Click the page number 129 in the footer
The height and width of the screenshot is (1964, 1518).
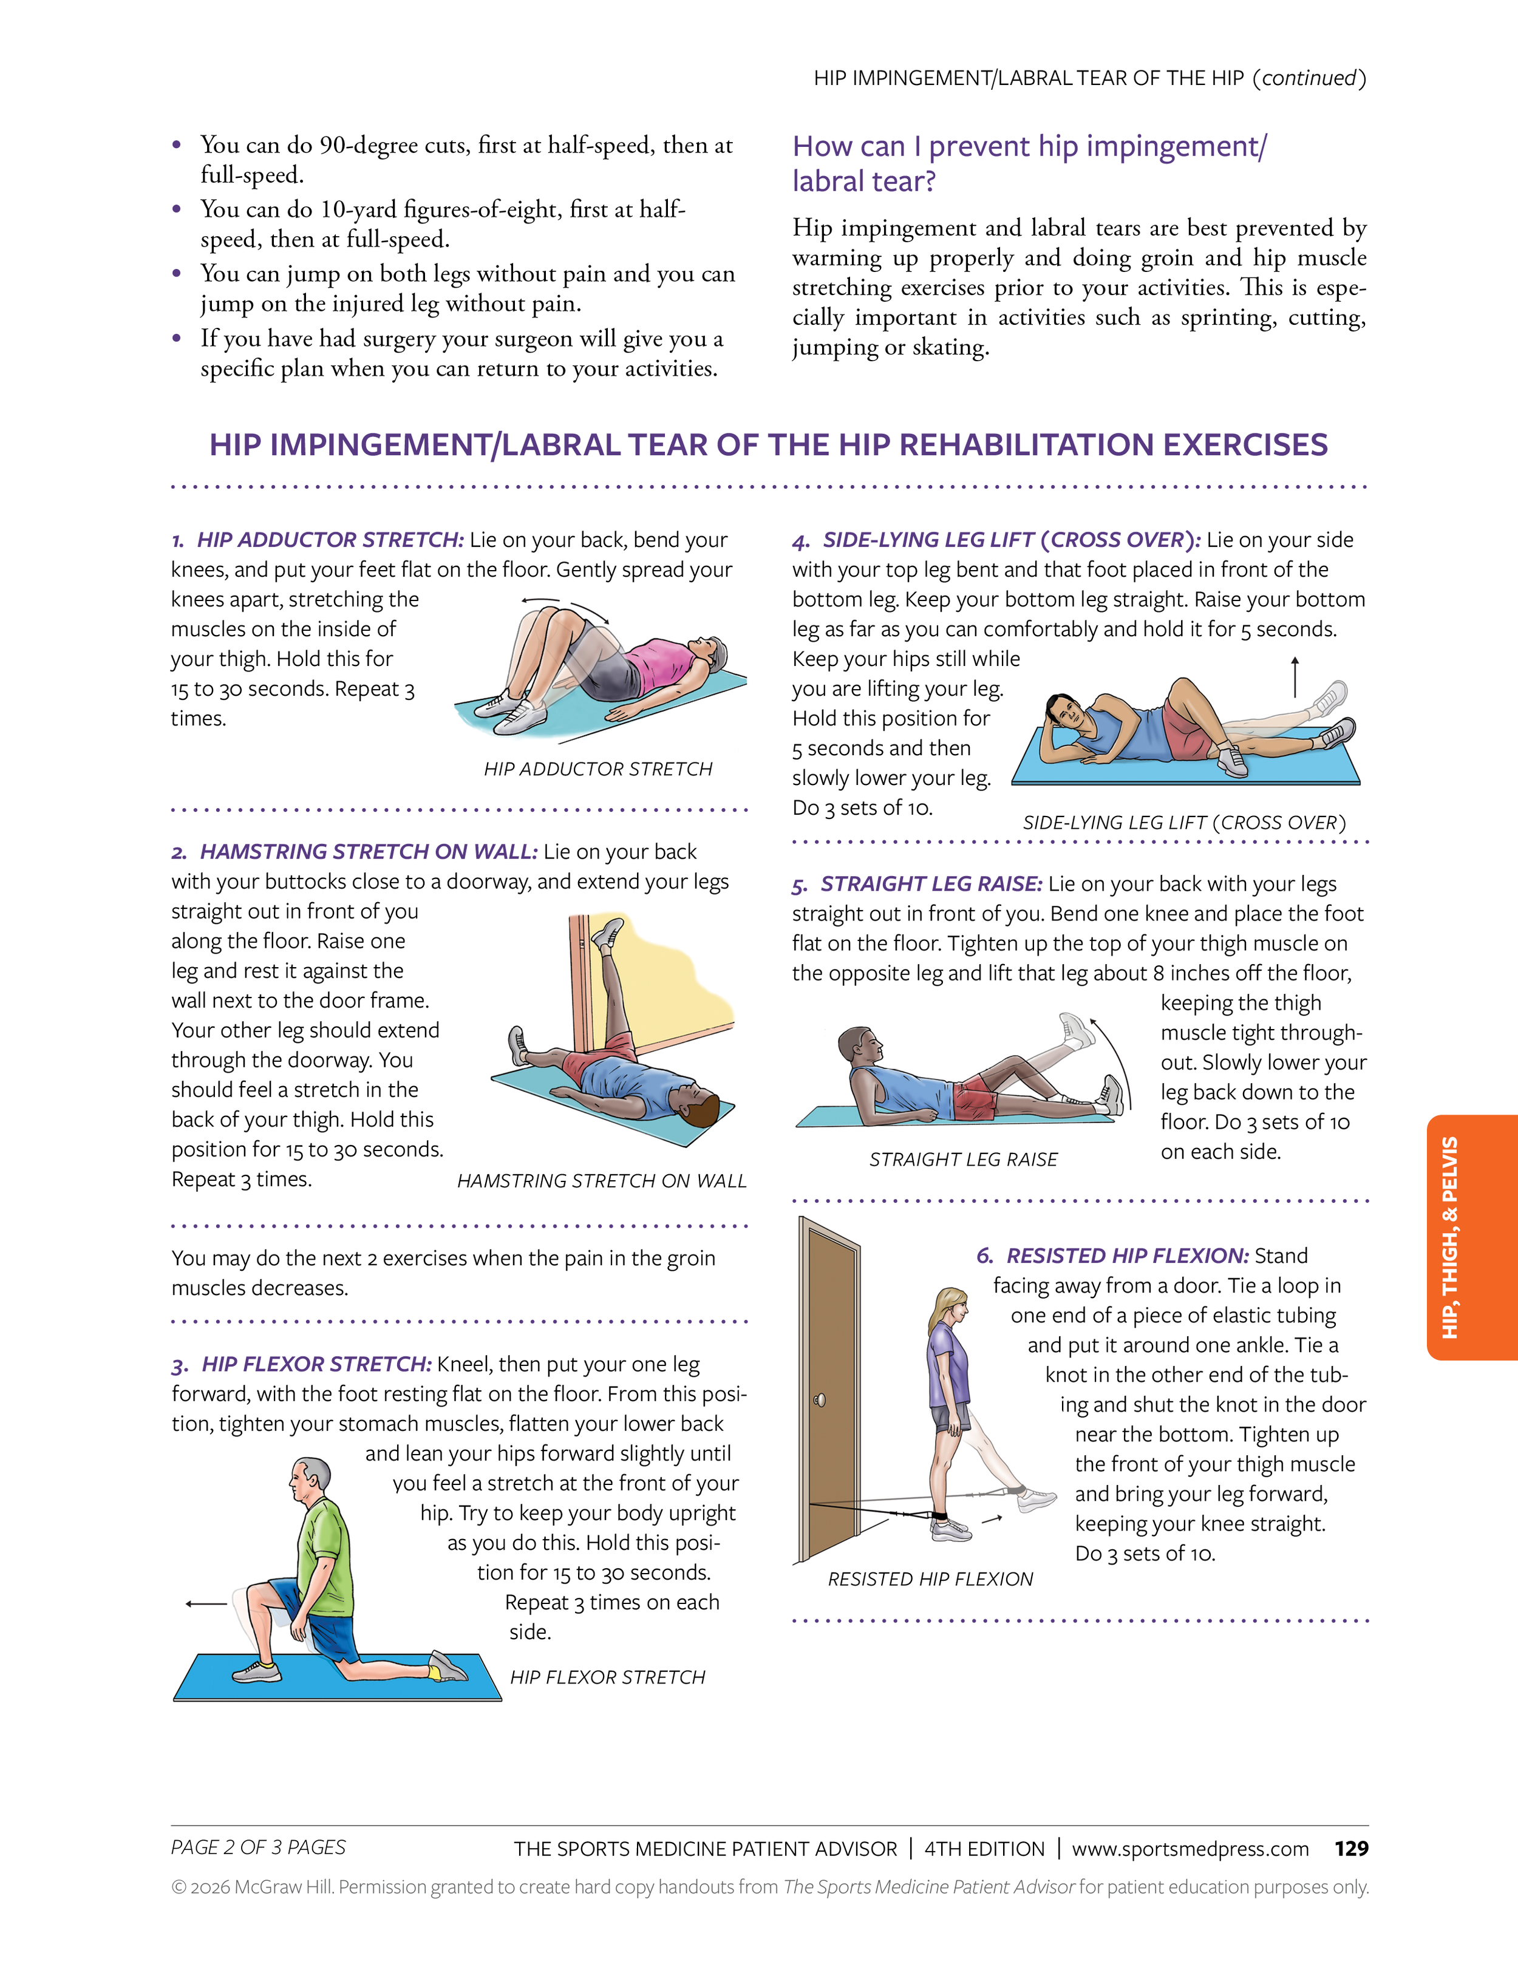[1351, 1848]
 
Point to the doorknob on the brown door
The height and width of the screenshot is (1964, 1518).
[819, 1400]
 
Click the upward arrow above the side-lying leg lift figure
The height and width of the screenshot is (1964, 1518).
[1295, 676]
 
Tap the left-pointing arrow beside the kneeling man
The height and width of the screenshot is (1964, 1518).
[205, 1603]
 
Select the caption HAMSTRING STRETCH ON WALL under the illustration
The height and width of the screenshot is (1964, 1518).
[602, 1181]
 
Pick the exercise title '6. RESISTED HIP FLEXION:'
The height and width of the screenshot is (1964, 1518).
[1112, 1256]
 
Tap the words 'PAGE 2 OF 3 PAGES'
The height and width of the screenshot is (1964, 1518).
[258, 1847]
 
